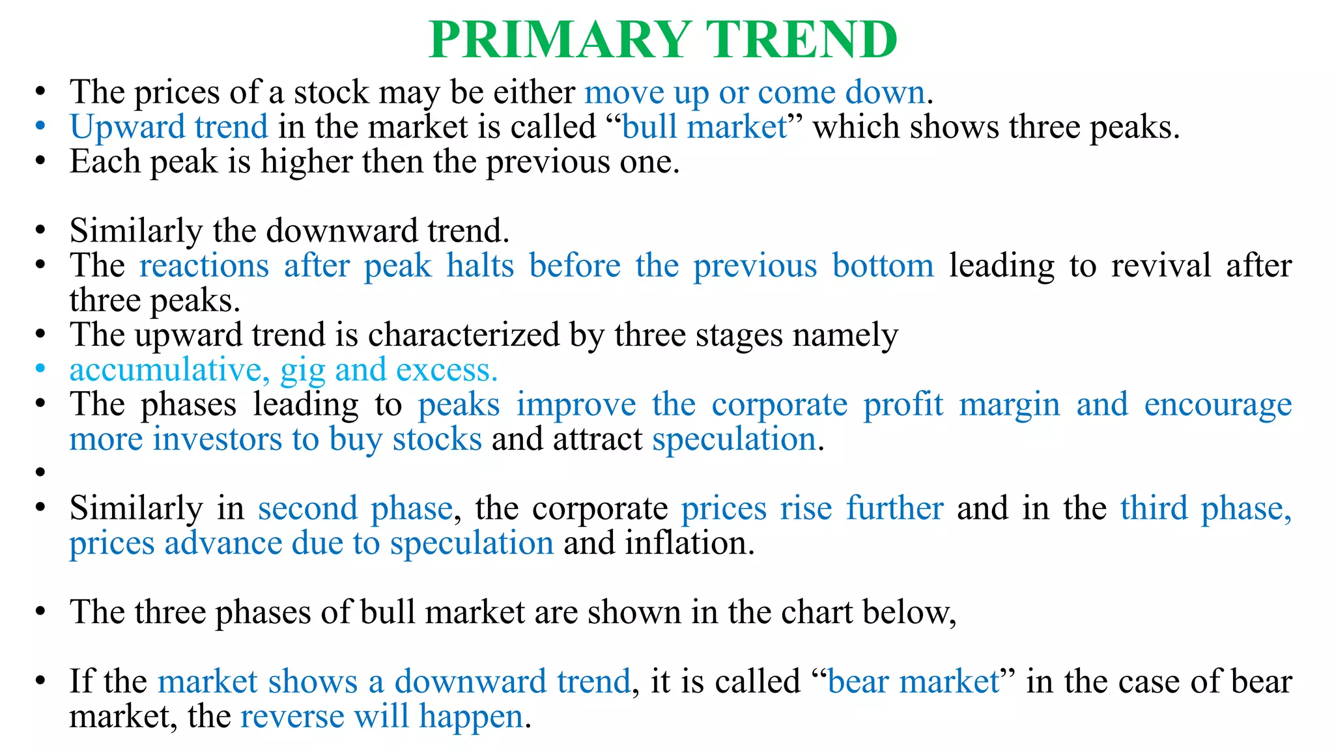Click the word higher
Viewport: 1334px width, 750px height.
[x=306, y=161]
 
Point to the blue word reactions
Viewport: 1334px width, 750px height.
[x=204, y=266]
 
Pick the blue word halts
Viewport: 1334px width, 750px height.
[x=480, y=266]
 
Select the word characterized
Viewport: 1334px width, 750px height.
[x=464, y=335]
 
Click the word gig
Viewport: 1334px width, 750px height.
[x=302, y=371]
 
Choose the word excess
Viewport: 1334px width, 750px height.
[x=447, y=370]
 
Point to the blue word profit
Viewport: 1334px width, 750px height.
[x=903, y=404]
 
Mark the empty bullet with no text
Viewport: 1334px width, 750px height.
[x=40, y=471]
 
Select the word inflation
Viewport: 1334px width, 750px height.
[x=690, y=543]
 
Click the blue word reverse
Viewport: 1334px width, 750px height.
[x=292, y=716]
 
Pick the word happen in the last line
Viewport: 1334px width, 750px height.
[x=470, y=717]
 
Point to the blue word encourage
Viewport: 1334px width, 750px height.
[x=1217, y=406]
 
